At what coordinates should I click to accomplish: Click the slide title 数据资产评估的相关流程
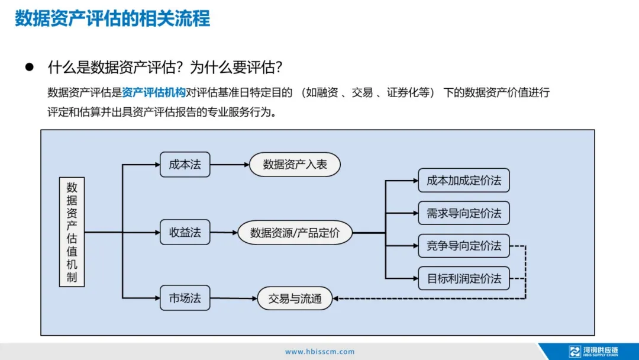pyautogui.click(x=112, y=18)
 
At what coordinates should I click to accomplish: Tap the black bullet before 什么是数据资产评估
pyautogui.click(x=28, y=67)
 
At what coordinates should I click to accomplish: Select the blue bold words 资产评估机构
pyautogui.click(x=153, y=92)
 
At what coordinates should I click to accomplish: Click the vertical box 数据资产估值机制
pyautogui.click(x=72, y=232)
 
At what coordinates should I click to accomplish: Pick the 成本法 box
pyautogui.click(x=185, y=165)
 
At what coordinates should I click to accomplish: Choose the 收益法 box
pyautogui.click(x=185, y=233)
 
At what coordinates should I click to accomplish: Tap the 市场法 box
pyautogui.click(x=185, y=298)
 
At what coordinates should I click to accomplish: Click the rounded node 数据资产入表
pyautogui.click(x=295, y=165)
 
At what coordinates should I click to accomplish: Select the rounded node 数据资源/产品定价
pyautogui.click(x=295, y=233)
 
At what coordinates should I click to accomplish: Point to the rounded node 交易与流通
pyautogui.click(x=295, y=298)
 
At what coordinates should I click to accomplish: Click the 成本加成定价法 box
pyautogui.click(x=463, y=181)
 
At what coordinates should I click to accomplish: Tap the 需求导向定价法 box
pyautogui.click(x=463, y=213)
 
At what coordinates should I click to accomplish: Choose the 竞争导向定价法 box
pyautogui.click(x=463, y=246)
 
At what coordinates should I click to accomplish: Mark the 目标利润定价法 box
pyautogui.click(x=463, y=278)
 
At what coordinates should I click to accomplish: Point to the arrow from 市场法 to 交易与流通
pyautogui.click(x=233, y=298)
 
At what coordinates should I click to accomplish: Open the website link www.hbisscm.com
pyautogui.click(x=319, y=352)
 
